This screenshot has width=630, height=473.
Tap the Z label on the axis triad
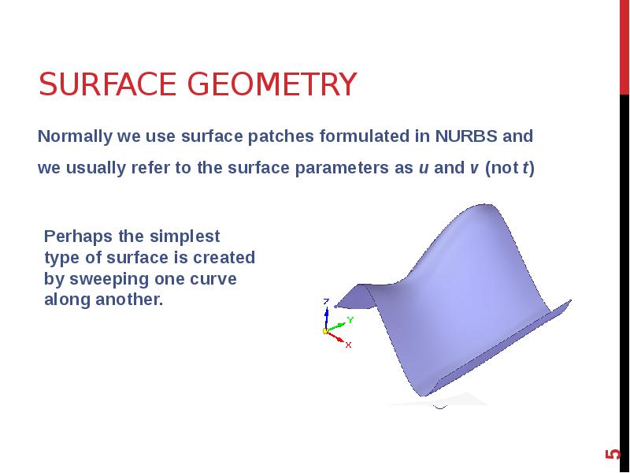coord(326,301)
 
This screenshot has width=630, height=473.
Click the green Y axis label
coord(350,319)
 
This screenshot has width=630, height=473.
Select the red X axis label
coord(348,345)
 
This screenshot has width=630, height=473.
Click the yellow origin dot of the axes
coord(324,331)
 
